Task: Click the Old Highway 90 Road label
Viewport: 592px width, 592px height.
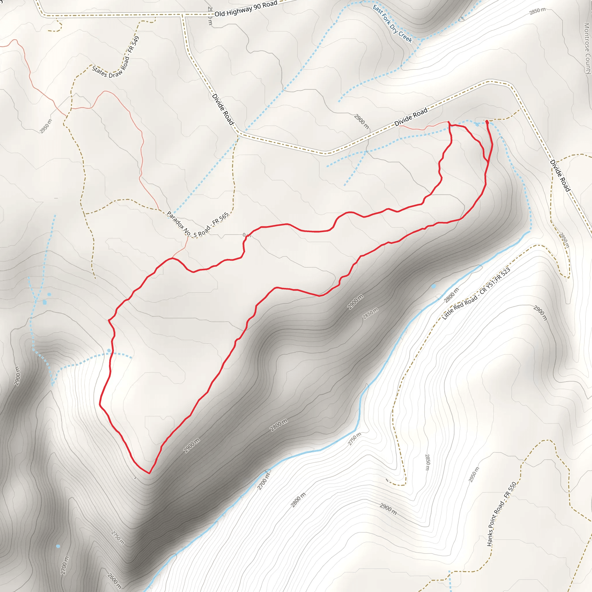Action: pos(246,9)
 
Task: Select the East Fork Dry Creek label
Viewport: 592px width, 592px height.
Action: pos(393,23)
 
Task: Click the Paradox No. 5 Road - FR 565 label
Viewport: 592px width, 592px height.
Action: pos(198,224)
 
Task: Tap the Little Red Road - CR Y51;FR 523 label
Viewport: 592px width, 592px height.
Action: pos(476,294)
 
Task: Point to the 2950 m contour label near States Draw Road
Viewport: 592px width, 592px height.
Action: pos(46,126)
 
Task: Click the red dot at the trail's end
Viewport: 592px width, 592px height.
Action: pos(487,122)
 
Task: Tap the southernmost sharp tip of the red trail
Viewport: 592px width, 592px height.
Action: pos(149,473)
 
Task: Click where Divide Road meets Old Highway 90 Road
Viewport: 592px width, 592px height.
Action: pos(183,14)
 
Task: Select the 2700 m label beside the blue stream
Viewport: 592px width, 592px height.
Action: pos(263,481)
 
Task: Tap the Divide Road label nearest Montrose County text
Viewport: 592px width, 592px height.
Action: pos(560,175)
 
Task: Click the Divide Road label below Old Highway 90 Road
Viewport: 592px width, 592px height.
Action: pos(223,109)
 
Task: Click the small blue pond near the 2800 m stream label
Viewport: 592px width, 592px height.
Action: pos(434,286)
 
